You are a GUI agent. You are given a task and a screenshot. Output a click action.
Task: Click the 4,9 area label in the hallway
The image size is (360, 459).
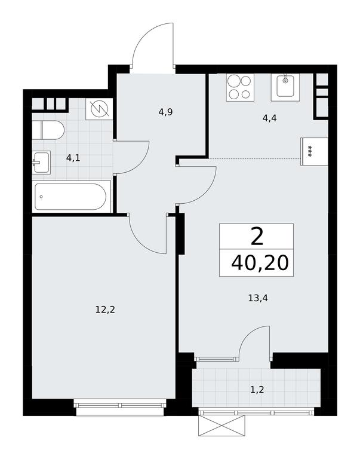(165, 112)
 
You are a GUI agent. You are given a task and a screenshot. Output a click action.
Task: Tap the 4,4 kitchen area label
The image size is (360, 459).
(269, 118)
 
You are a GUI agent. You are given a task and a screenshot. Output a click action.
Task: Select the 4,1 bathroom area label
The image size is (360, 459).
(73, 158)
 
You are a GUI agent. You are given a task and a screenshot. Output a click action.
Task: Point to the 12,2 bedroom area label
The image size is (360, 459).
(105, 310)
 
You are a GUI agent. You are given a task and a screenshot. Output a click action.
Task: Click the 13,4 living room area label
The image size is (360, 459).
(258, 298)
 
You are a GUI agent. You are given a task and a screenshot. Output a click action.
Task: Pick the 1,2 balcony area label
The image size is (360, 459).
(257, 390)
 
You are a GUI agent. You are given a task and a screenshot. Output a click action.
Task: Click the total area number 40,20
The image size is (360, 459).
(260, 263)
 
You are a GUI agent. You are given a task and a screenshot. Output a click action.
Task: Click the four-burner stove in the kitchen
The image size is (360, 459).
(240, 87)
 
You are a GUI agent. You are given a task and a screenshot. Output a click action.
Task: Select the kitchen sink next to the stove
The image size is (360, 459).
(286, 87)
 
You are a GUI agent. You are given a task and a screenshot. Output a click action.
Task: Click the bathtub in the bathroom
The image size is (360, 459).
(71, 197)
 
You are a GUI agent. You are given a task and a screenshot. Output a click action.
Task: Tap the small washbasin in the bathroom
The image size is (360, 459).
(41, 163)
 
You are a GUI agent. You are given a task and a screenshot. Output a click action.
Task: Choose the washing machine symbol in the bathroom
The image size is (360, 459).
(99, 109)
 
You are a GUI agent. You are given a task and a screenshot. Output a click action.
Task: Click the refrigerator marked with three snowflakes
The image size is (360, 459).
(314, 152)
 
